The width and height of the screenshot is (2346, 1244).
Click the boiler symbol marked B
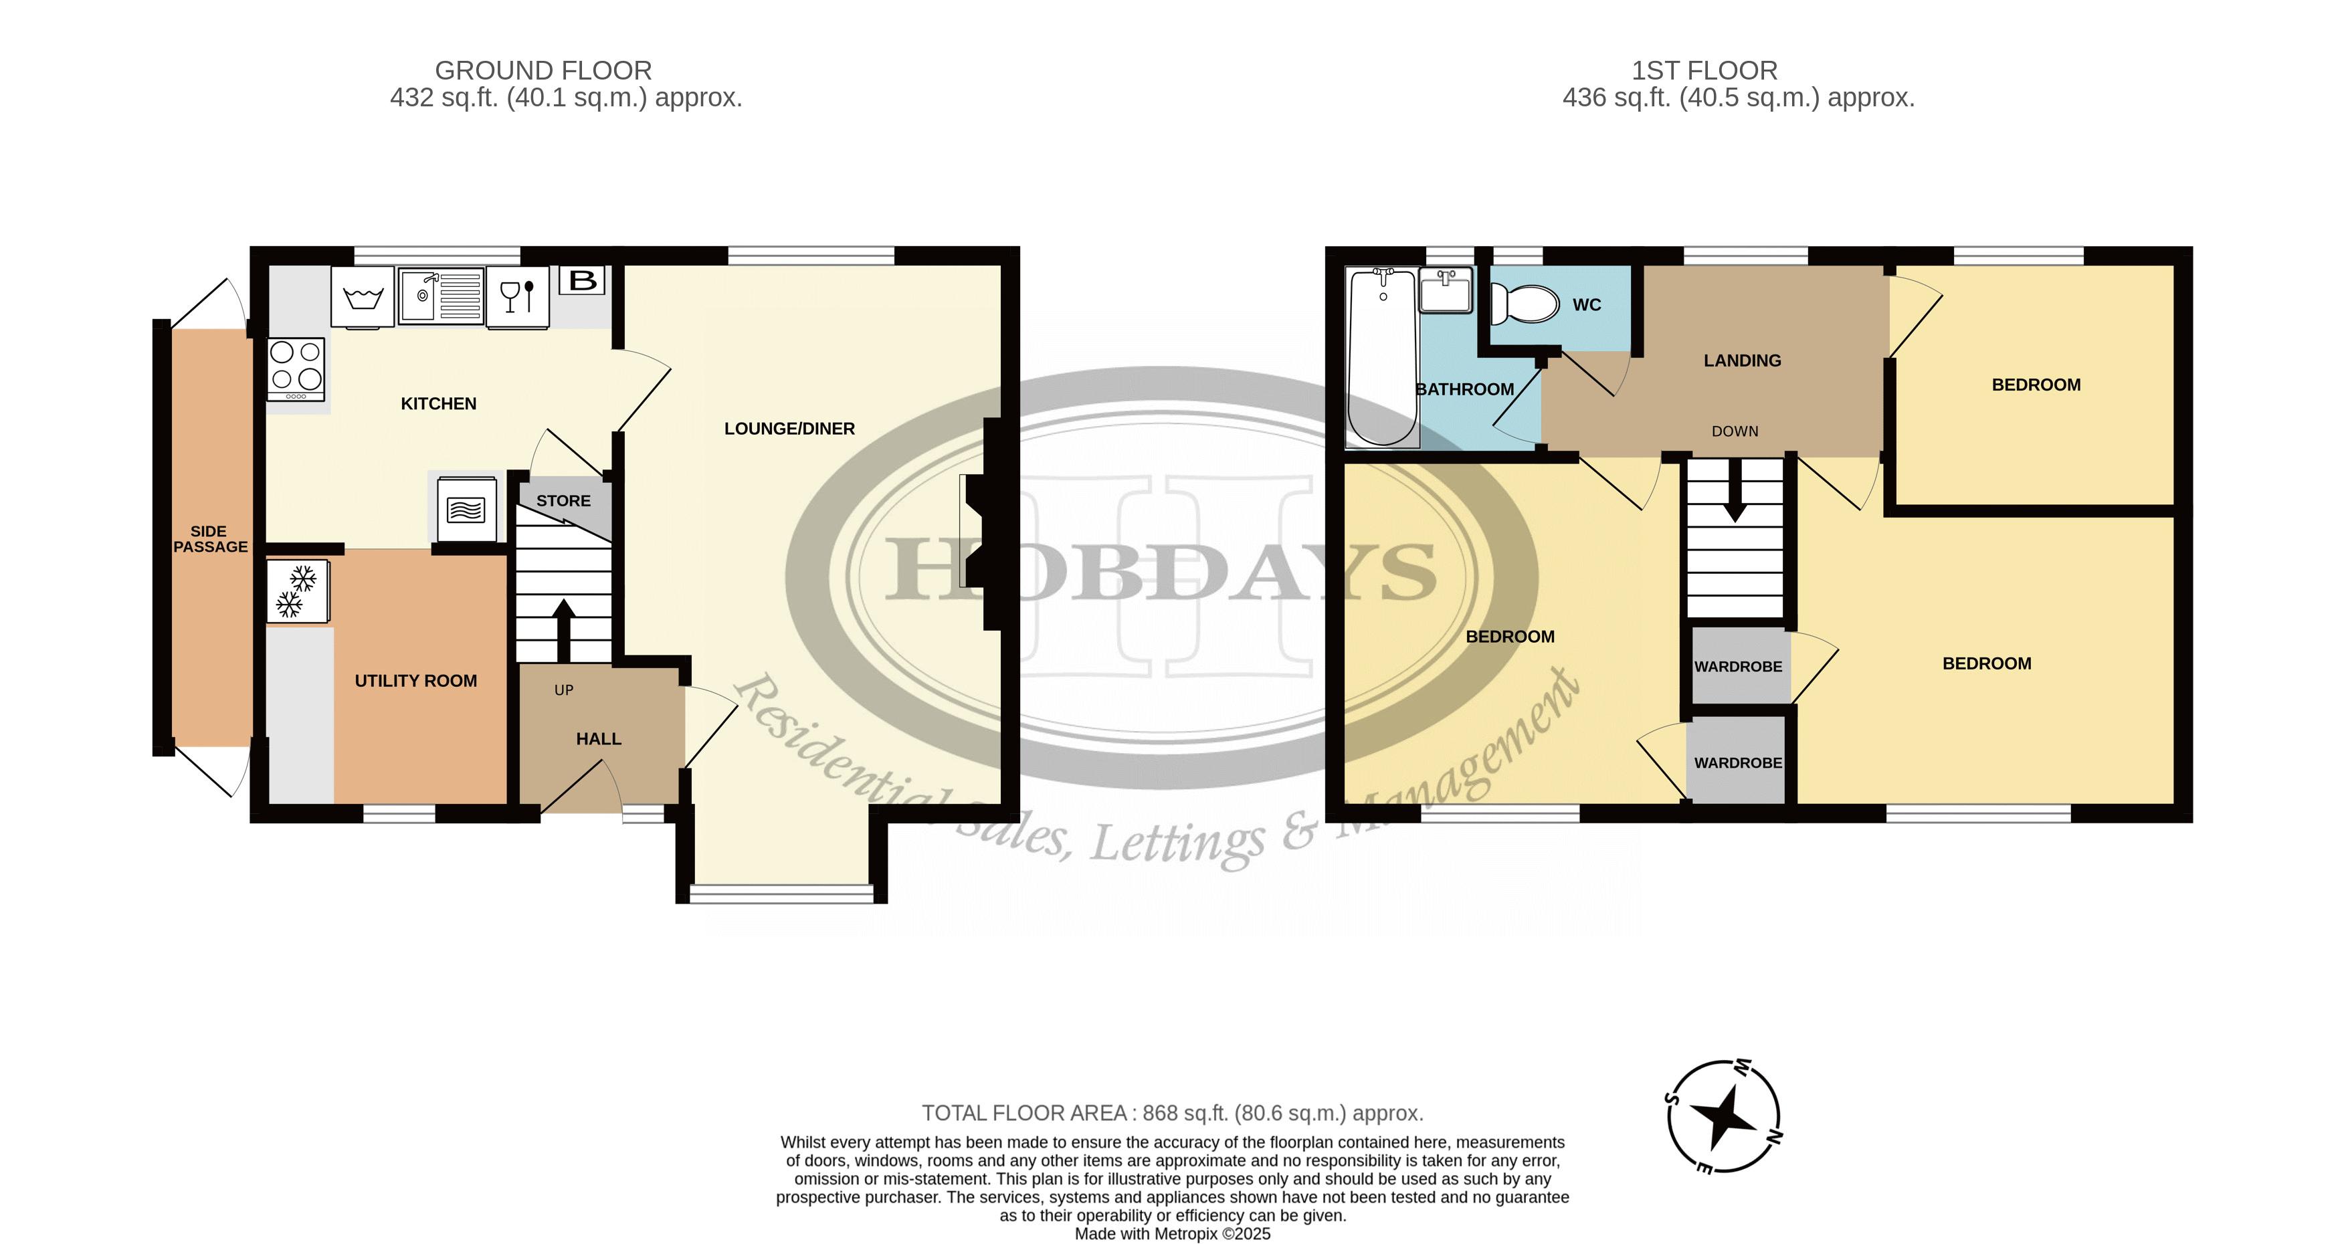583,280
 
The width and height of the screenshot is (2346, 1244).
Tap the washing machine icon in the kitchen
363,297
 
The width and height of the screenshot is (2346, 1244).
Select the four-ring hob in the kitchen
296,369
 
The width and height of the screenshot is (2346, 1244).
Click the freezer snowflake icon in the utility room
298,591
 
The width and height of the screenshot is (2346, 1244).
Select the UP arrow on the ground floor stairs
564,630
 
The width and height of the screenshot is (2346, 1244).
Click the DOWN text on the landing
1735,431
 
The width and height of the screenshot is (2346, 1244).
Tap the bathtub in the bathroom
1383,358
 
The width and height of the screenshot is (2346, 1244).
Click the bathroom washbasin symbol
1446,290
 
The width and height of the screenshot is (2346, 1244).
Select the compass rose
1723,1116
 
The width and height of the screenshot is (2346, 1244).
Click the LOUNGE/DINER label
789,429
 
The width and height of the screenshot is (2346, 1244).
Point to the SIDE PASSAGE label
209,539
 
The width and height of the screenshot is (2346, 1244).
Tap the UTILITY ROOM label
415,682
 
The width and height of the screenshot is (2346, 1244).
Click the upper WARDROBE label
1738,667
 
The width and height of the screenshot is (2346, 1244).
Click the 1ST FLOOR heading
1704,70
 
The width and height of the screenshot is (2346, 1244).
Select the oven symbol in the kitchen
466,511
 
